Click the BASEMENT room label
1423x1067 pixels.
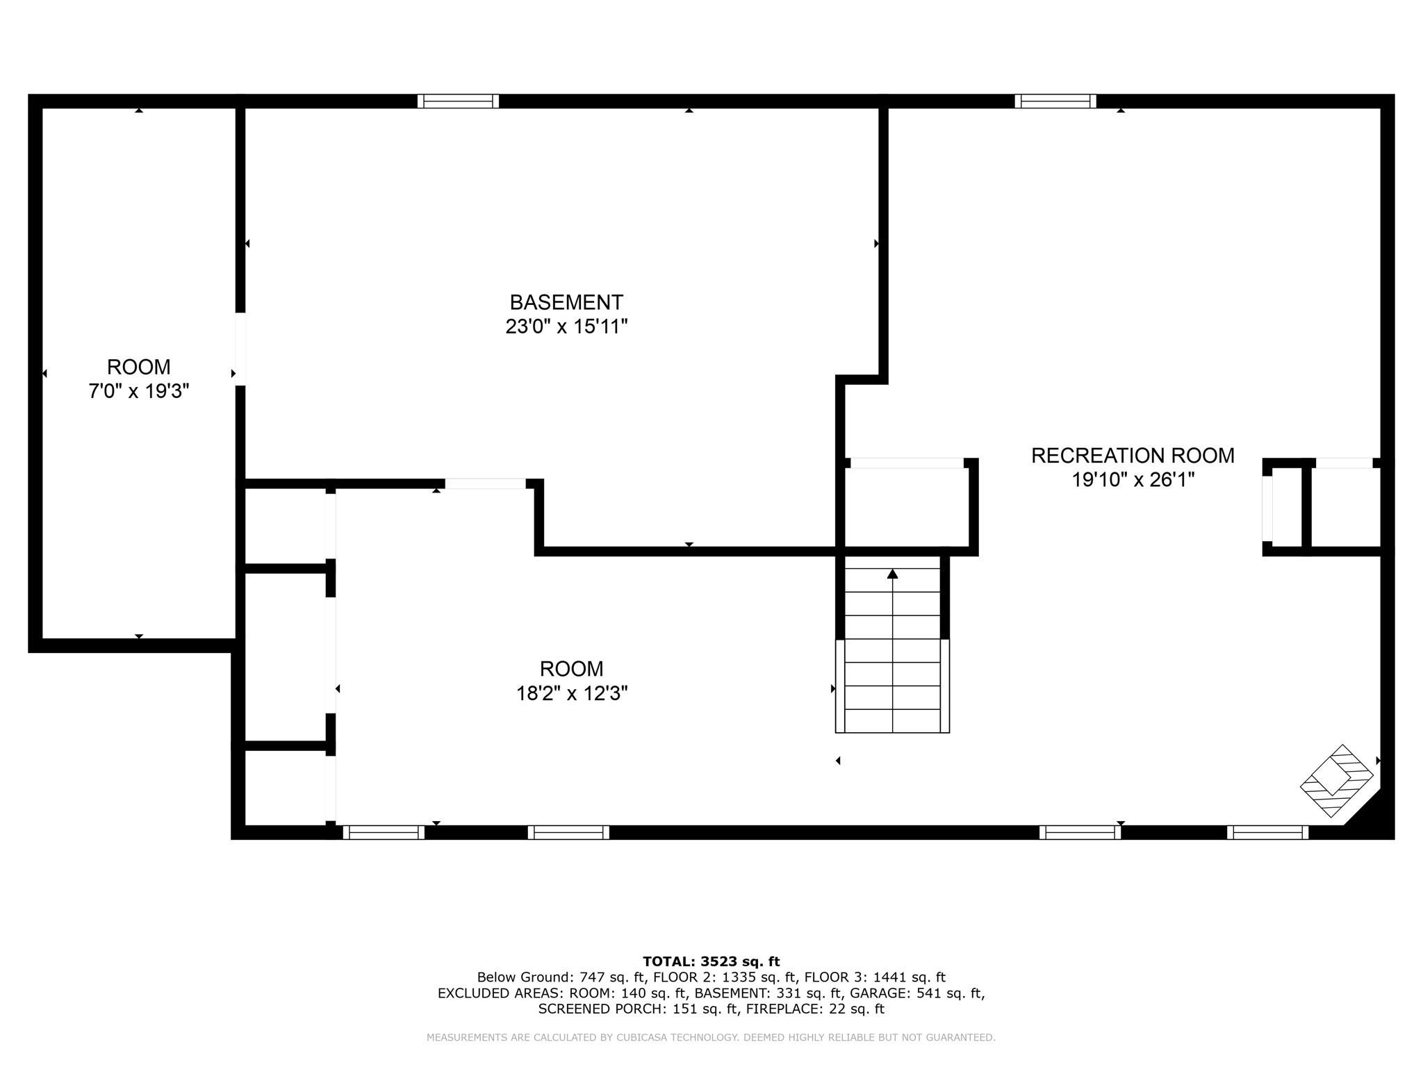(x=566, y=302)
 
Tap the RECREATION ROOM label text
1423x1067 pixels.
(x=1133, y=456)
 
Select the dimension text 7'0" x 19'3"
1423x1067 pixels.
(x=138, y=391)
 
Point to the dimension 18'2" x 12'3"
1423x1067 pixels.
(x=571, y=693)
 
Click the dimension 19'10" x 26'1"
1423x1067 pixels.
(x=1133, y=480)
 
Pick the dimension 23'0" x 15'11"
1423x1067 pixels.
(x=566, y=326)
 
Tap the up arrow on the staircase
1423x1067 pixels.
(x=892, y=574)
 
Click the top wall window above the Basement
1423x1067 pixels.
(x=458, y=101)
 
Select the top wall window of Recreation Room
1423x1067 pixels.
(x=1055, y=101)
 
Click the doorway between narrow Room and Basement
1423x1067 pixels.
(x=240, y=349)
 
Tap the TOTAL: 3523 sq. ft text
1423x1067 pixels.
(x=711, y=961)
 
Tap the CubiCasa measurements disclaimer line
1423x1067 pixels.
(x=711, y=1037)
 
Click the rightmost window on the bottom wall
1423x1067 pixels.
(x=1267, y=832)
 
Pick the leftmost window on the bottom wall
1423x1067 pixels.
(x=384, y=832)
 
